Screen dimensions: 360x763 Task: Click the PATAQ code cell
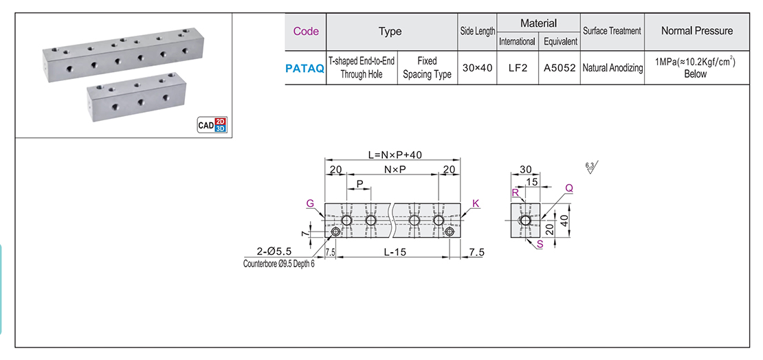click(x=305, y=68)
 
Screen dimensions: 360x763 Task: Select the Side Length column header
click(x=477, y=32)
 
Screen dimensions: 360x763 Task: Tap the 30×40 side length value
click(x=477, y=68)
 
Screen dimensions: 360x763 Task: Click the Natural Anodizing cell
click(x=612, y=68)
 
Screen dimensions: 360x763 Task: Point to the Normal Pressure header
click(x=696, y=31)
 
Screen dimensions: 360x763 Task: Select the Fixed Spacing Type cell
click(x=427, y=68)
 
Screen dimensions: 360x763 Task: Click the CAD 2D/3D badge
click(x=211, y=124)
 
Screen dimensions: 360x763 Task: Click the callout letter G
click(x=310, y=203)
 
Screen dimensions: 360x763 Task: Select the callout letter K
click(x=476, y=203)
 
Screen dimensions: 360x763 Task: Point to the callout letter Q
click(x=568, y=188)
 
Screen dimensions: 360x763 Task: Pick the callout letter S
click(x=539, y=244)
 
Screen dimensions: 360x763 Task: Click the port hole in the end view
click(x=525, y=221)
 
